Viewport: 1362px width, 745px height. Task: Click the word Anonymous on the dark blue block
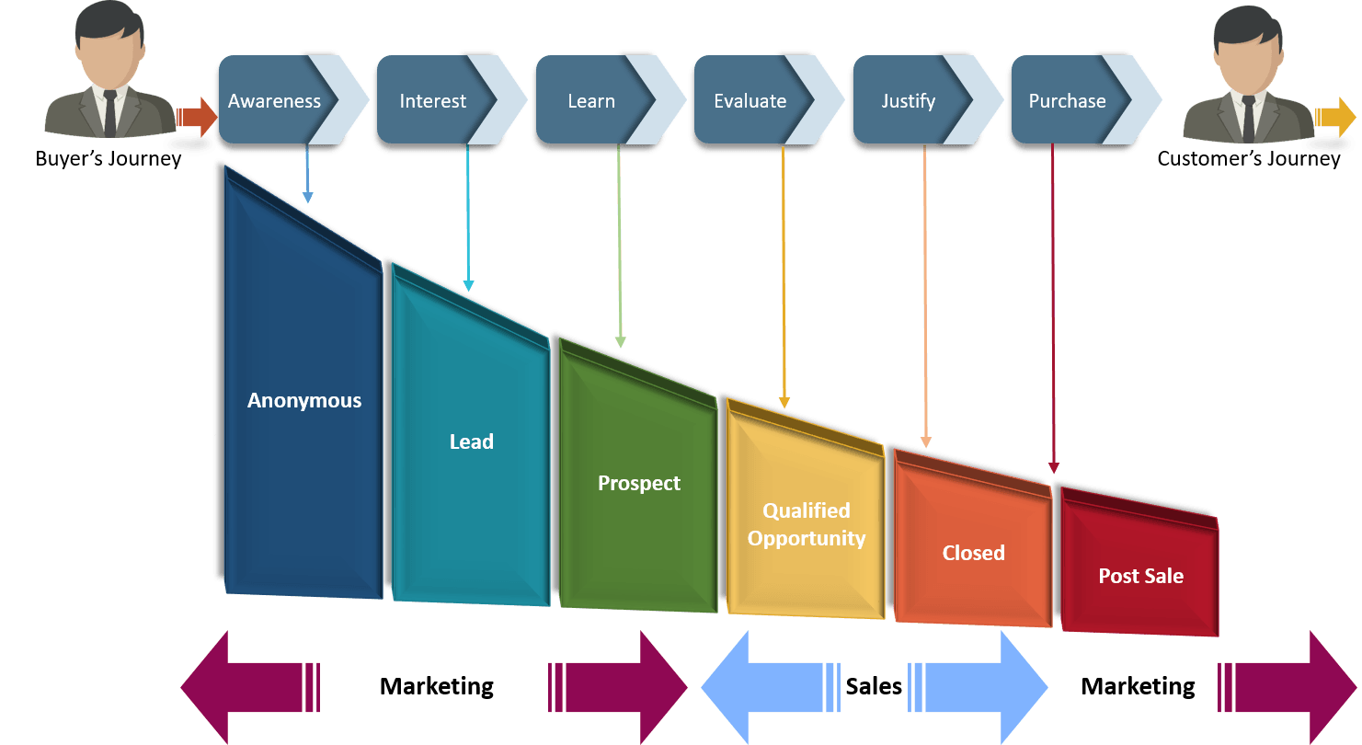304,401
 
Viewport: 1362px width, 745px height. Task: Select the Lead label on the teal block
471,442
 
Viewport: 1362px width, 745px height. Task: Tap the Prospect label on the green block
639,484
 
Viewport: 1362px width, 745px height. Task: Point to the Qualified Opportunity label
807,525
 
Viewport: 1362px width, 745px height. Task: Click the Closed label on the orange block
973,554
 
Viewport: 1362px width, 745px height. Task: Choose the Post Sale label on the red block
1140,577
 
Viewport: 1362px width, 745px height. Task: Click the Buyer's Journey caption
108,159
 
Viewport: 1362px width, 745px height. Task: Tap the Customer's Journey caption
1248,159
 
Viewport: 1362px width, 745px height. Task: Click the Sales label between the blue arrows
874,687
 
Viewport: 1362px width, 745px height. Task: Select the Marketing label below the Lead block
436,687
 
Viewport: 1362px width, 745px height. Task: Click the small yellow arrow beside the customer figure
1335,117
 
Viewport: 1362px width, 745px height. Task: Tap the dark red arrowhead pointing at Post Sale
1054,468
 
